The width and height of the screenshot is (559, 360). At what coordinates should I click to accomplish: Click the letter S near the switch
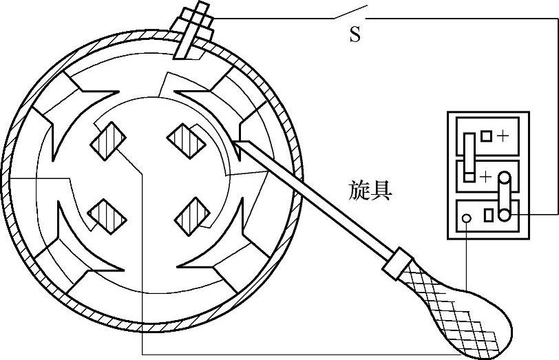(x=355, y=35)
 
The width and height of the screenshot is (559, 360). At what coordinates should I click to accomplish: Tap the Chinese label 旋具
(x=370, y=191)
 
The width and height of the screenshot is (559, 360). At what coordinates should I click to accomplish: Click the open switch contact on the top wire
(x=350, y=13)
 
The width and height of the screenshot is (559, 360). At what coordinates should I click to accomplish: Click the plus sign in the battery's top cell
(x=503, y=136)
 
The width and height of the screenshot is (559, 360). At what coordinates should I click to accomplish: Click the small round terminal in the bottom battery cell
(x=467, y=218)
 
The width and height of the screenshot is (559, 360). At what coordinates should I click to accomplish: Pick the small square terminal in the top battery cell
(x=487, y=136)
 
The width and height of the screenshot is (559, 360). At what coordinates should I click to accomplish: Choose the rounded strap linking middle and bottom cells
(x=505, y=196)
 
